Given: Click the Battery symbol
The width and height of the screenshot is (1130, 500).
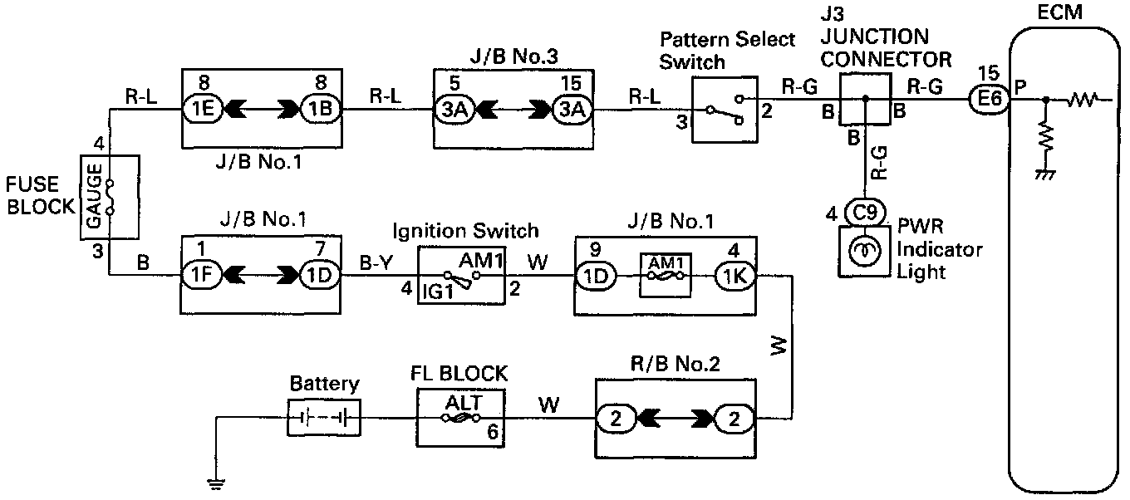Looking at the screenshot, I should [x=325, y=417].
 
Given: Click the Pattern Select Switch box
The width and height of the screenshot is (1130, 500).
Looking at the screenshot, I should [x=722, y=109].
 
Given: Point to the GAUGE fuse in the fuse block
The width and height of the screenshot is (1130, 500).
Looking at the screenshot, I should [x=108, y=196].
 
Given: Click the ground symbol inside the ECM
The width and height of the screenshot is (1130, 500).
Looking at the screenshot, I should [x=1046, y=174].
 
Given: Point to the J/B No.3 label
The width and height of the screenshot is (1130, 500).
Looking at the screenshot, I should [x=510, y=57].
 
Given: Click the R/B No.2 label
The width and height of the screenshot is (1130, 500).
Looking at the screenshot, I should [x=674, y=363].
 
